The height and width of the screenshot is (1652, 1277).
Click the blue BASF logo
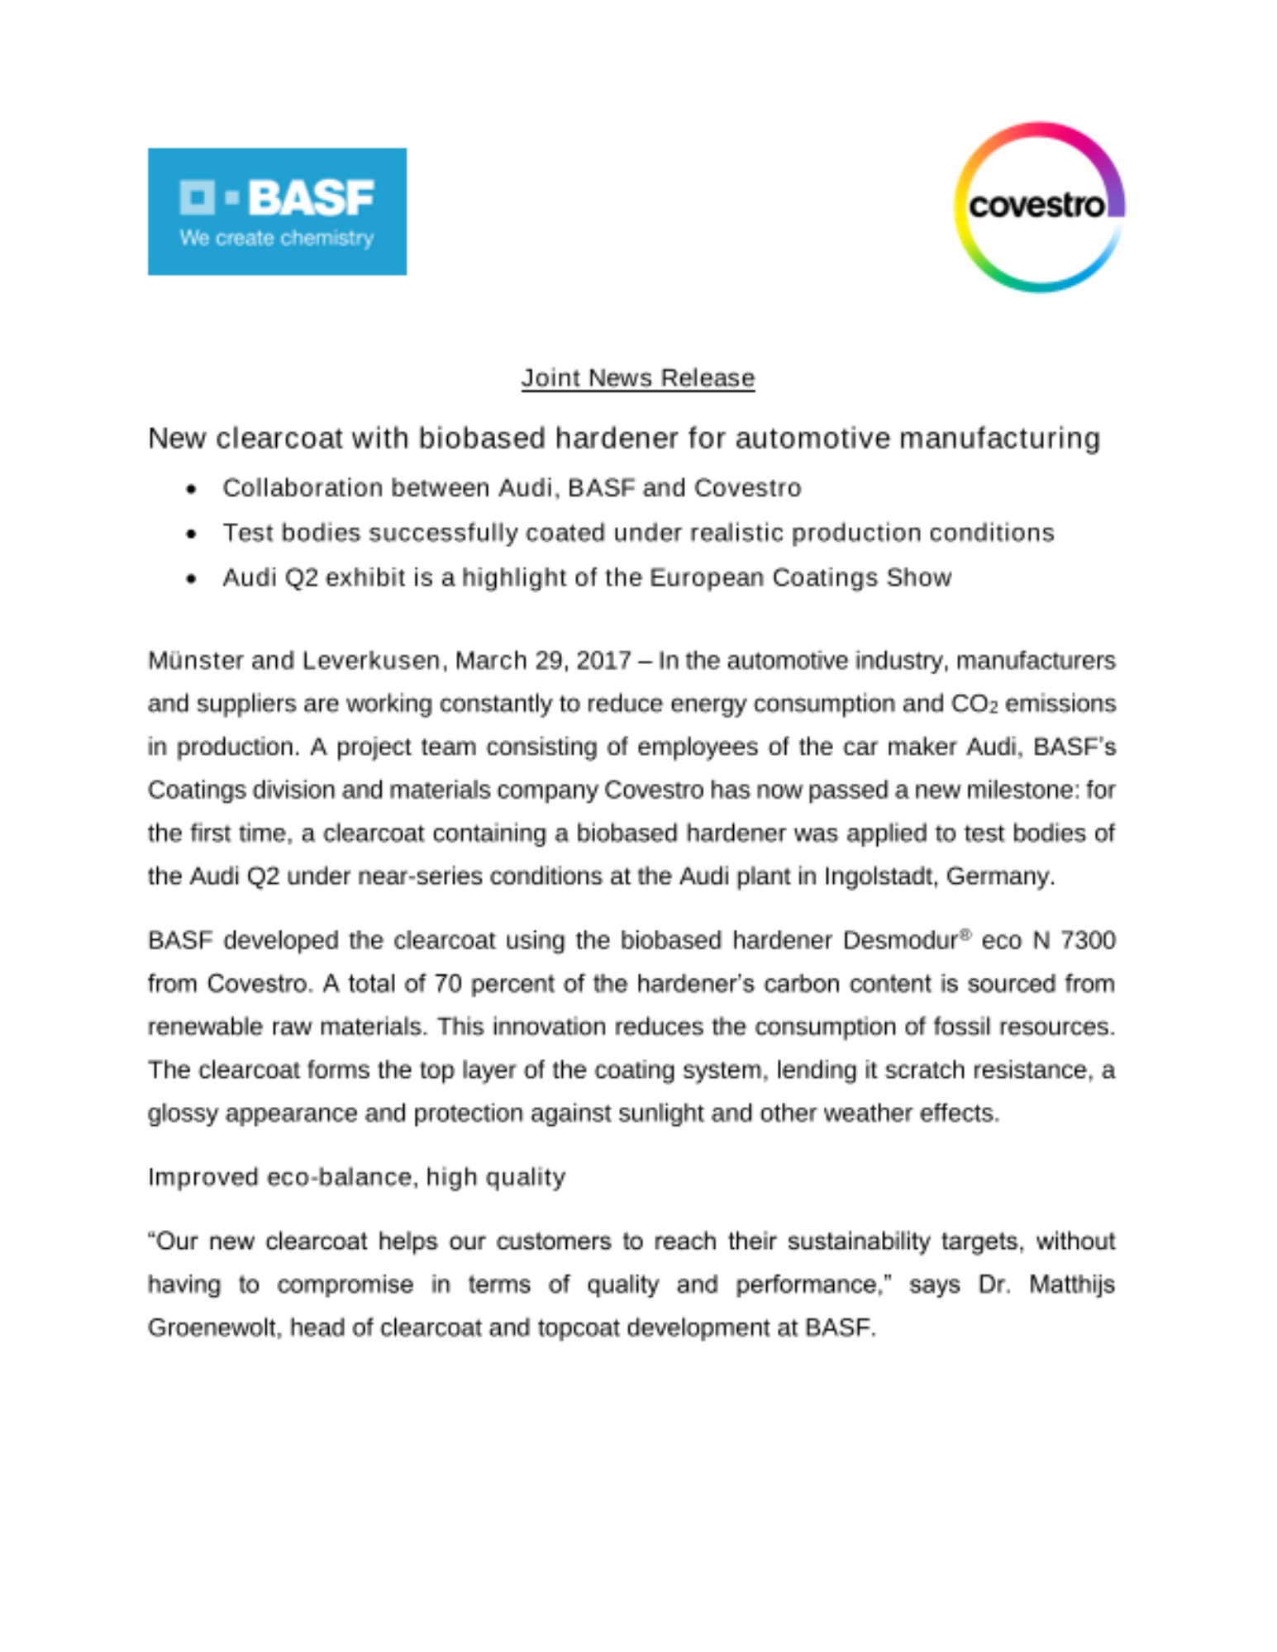[277, 211]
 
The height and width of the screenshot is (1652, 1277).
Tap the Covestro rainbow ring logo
[1039, 206]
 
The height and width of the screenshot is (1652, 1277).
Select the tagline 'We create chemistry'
[276, 238]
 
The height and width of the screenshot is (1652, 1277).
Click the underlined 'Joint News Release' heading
[637, 377]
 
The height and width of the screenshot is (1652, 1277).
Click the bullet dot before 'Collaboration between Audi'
[192, 489]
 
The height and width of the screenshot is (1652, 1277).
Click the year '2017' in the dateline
[603, 661]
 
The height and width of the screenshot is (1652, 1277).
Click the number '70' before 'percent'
[447, 984]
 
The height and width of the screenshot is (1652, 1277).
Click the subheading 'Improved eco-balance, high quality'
[356, 1177]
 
